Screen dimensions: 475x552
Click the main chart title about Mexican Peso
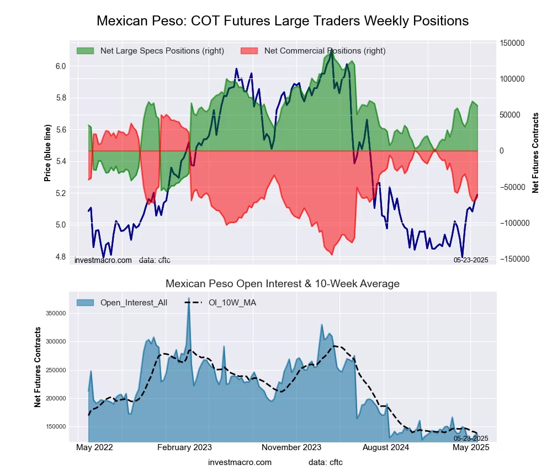tap(283, 21)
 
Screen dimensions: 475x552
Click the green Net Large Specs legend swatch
tap(85, 51)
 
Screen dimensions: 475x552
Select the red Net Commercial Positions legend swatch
tap(250, 51)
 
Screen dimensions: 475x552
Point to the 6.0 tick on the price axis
tap(60, 66)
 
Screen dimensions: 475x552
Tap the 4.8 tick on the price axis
tap(60, 257)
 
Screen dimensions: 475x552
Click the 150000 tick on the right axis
tap(512, 43)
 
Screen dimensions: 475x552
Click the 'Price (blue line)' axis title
tap(48, 154)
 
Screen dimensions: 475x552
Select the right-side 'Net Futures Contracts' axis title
tap(535, 152)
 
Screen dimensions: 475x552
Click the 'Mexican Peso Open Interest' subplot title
tap(283, 284)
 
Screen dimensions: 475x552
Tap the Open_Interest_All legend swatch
tap(85, 303)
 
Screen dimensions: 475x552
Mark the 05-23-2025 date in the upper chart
tap(471, 260)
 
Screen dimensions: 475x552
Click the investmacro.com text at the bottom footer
tap(240, 462)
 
